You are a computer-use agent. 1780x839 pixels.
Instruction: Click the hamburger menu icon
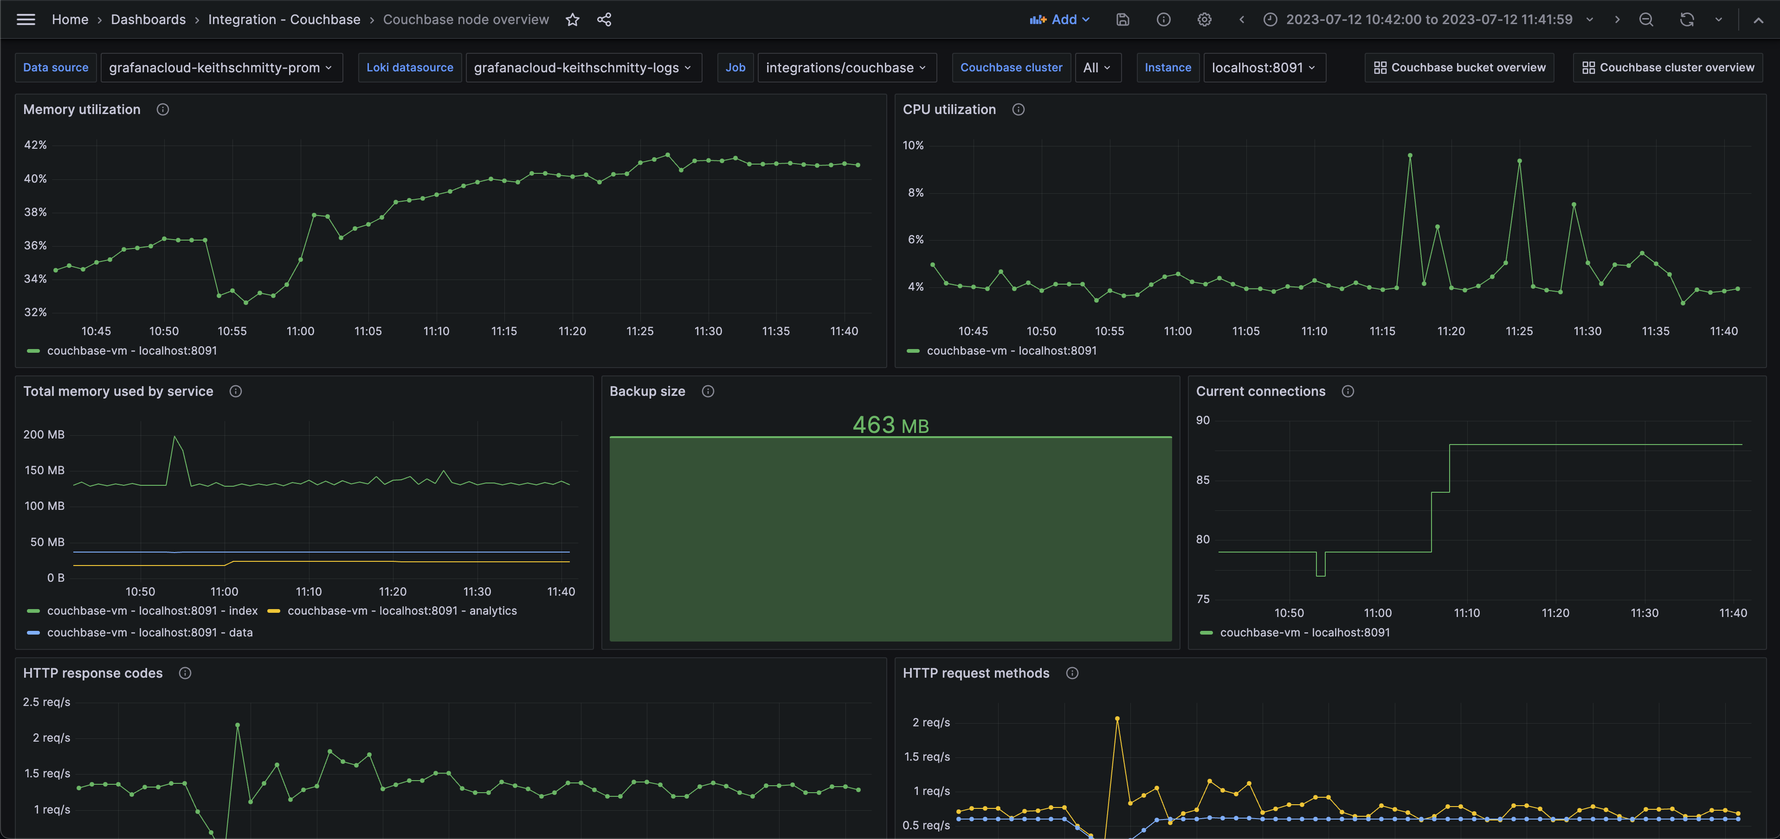[26, 19]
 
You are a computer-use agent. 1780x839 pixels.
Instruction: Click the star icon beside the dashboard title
[572, 19]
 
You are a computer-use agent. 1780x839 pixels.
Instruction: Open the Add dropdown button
[1058, 19]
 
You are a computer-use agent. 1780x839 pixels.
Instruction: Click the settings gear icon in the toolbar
[1204, 19]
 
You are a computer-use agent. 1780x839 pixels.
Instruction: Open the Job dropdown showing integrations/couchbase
[846, 68]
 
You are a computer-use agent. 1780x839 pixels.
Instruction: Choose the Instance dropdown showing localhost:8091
[1263, 68]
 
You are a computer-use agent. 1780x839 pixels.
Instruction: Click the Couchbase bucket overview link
[1459, 68]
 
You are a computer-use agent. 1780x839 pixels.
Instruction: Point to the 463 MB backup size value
[890, 425]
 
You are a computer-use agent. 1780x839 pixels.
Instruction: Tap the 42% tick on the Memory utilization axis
[35, 145]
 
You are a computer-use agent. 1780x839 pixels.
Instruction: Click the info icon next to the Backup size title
[708, 392]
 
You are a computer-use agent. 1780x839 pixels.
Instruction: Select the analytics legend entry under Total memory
[401, 611]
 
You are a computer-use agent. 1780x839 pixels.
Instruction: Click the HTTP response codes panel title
[93, 673]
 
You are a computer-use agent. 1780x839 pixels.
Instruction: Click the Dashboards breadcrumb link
[148, 19]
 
